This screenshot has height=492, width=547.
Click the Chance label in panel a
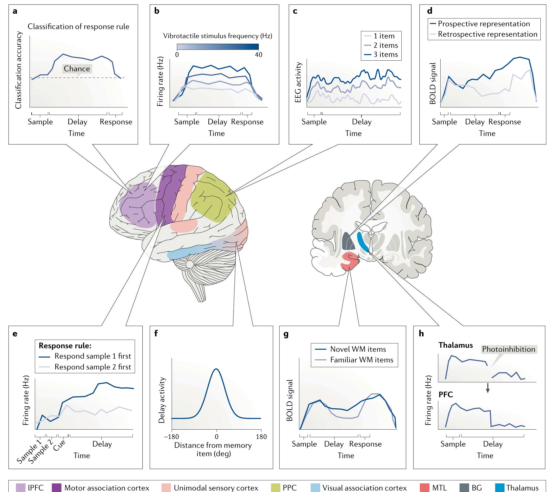tap(77, 69)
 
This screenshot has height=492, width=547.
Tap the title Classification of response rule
tap(78, 27)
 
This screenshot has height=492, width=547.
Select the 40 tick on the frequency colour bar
tap(259, 55)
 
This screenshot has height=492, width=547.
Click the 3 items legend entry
tap(381, 54)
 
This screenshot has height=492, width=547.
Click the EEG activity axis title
tap(298, 82)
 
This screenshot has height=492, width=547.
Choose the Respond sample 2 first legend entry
tap(85, 367)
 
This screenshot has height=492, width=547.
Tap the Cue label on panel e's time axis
tap(59, 445)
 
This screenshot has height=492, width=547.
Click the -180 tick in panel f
tap(171, 437)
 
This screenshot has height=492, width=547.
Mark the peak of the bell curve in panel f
tap(216, 368)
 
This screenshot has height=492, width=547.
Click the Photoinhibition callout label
tap(509, 349)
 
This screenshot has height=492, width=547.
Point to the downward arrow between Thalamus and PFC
tap(488, 388)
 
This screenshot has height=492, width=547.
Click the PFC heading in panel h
tap(446, 395)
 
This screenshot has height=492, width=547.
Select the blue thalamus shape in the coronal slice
tap(363, 241)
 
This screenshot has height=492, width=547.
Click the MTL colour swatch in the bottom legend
tap(424, 488)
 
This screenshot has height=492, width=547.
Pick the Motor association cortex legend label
tap(107, 488)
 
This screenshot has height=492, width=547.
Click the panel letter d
tap(430, 11)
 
